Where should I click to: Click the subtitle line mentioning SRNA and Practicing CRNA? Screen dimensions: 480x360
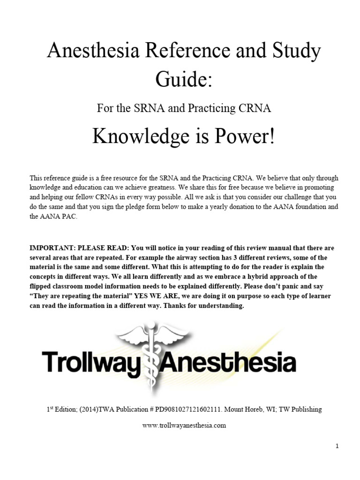[x=184, y=108]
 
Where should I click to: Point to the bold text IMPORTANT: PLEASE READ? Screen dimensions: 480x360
[x=79, y=248]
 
